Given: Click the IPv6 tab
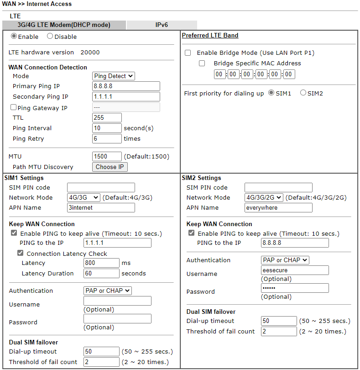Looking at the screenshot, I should tap(162, 25).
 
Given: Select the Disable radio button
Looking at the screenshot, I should tap(50, 37).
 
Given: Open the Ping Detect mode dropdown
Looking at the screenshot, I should tap(114, 76).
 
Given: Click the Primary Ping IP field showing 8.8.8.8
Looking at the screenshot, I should tap(126, 86).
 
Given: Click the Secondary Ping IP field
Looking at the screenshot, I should tap(126, 97).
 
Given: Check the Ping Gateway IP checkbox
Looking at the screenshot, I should tap(13, 108).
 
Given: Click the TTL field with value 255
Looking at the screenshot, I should tap(107, 118).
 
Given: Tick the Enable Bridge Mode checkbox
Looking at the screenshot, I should tap(188, 53).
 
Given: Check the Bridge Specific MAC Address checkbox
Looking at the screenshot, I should tap(202, 63).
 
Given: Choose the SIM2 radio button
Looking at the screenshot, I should tap(303, 93).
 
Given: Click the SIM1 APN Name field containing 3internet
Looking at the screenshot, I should tap(101, 208).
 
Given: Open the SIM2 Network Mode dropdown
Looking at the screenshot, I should tap(264, 198).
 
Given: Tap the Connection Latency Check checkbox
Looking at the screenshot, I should tap(21, 254).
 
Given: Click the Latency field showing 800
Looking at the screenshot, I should tap(101, 263).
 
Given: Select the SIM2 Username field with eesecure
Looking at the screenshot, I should tap(295, 270).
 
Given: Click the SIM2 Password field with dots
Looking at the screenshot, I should tap(295, 288).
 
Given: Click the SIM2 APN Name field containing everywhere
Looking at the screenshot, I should tap(278, 208).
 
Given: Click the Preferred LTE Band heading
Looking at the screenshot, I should tap(210, 36).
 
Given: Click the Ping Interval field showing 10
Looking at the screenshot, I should tap(107, 128).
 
